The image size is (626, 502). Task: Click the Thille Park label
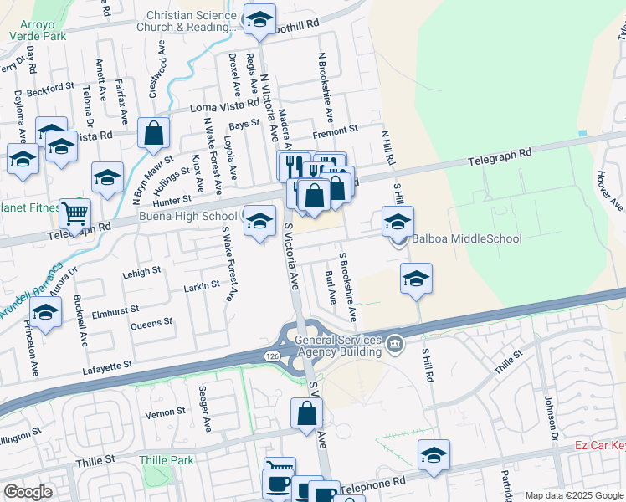point(167,460)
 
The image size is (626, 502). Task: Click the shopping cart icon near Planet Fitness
point(75,213)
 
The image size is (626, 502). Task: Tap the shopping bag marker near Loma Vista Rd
point(154,133)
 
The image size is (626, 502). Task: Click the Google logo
point(27,492)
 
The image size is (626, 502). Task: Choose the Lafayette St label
point(108,366)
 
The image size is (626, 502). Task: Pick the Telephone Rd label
point(372,483)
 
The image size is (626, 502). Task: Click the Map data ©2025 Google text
point(573,495)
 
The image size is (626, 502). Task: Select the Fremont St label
point(335,130)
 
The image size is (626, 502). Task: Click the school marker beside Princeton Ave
point(46,313)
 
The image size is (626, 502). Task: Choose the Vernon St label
point(165,412)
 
